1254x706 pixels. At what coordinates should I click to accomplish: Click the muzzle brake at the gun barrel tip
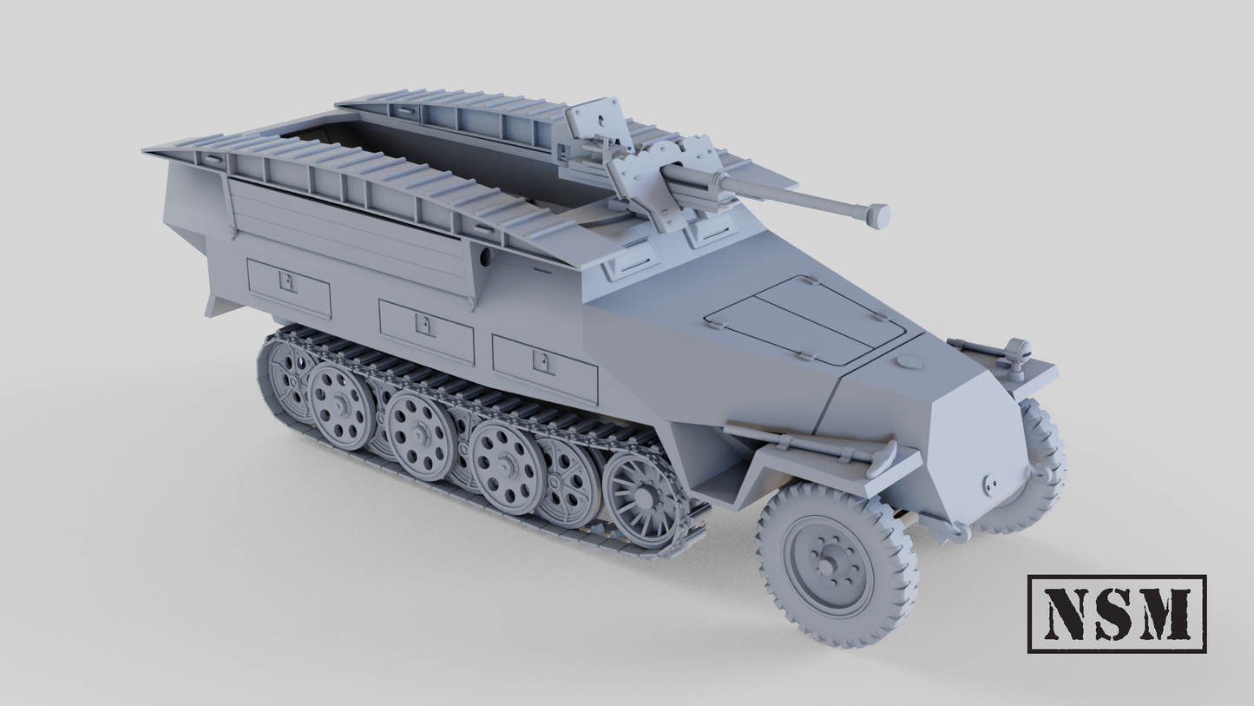[877, 214]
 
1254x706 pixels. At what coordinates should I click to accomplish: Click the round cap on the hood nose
[908, 361]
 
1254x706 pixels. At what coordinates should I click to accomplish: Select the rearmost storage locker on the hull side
[288, 287]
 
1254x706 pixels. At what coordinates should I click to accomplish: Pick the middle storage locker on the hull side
[426, 332]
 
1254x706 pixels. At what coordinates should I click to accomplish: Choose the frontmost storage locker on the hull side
[544, 368]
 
